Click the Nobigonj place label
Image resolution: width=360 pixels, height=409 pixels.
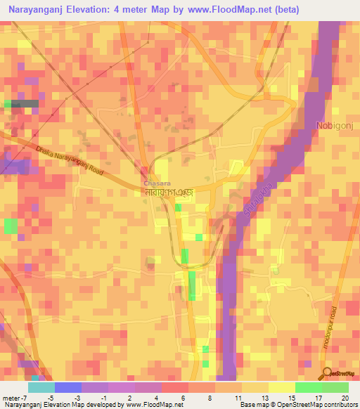pyautogui.click(x=334, y=125)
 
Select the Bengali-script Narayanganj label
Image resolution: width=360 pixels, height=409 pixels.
pyautogui.click(x=168, y=192)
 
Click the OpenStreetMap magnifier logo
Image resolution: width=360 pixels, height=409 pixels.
pyautogui.click(x=328, y=373)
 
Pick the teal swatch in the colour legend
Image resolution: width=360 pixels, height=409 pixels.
pyautogui.click(x=41, y=387)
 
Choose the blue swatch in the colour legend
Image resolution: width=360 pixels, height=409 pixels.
pyautogui.click(x=68, y=387)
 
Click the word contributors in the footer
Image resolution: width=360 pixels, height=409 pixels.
pyautogui.click(x=340, y=405)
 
